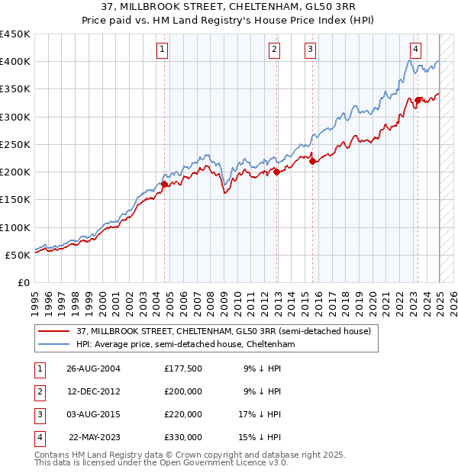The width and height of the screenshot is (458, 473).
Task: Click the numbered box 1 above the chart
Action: pyautogui.click(x=163, y=50)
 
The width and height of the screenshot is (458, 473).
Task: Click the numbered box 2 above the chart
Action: pyautogui.click(x=275, y=50)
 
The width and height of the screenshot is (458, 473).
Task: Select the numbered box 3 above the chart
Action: pyautogui.click(x=311, y=50)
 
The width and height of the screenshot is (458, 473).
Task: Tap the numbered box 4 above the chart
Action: pyautogui.click(x=415, y=50)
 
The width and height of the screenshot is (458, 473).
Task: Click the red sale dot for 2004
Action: pyautogui.click(x=165, y=184)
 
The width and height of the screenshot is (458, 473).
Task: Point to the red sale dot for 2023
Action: pyautogui.click(x=418, y=100)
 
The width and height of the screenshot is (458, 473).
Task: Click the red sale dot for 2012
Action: pyautogui.click(x=276, y=172)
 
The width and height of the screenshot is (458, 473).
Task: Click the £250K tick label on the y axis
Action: pyautogui.click(x=15, y=144)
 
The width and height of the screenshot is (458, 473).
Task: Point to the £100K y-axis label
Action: pyautogui.click(x=15, y=227)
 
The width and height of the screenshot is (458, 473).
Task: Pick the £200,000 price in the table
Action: pyautogui.click(x=183, y=392)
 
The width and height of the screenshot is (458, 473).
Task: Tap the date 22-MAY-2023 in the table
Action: pyautogui.click(x=94, y=437)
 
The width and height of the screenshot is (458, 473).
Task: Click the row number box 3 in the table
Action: pyautogui.click(x=39, y=414)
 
